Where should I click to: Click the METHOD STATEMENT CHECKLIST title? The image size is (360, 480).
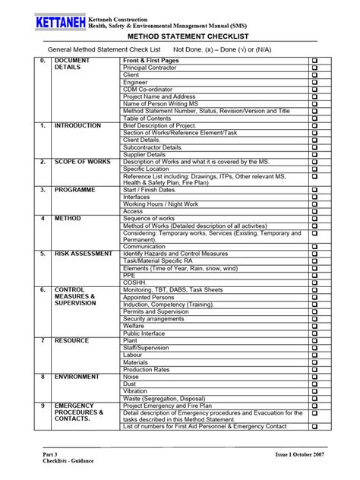179,36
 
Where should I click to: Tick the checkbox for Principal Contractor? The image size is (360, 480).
314,68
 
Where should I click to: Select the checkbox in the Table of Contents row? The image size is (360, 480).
314,118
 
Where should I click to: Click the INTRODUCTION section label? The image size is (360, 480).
78,125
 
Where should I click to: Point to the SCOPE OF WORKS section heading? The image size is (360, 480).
83,162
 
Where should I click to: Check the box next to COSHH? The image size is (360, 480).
314,283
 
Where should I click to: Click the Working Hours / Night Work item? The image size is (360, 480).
162,204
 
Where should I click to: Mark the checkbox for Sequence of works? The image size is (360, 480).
314,218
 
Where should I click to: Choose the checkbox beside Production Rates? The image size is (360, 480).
314,369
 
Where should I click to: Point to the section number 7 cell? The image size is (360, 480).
43,340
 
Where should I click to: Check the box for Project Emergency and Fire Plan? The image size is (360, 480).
314,406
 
